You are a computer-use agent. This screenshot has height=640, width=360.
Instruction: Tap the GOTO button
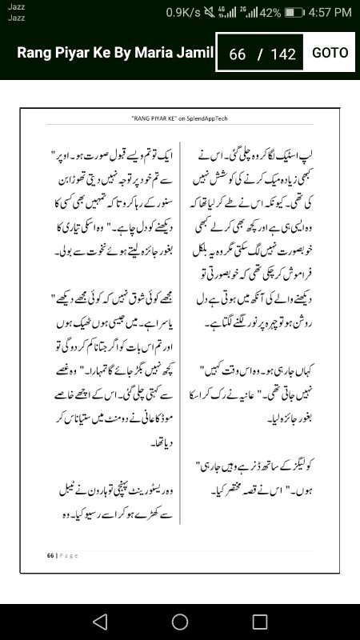(x=330, y=53)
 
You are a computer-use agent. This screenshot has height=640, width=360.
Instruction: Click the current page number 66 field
(x=237, y=54)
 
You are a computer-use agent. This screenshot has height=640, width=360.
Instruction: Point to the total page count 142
(x=283, y=54)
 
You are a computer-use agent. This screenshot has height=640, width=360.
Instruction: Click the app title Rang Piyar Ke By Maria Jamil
(x=116, y=53)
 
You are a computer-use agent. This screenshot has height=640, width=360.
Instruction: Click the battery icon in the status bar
(x=294, y=13)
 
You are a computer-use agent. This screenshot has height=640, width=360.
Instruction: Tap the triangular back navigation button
(x=99, y=621)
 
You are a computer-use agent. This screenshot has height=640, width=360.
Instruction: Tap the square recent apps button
(x=260, y=621)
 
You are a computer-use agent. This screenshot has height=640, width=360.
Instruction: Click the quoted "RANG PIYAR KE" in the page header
(x=154, y=117)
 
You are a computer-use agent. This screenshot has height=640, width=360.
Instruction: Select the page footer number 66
(x=50, y=554)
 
